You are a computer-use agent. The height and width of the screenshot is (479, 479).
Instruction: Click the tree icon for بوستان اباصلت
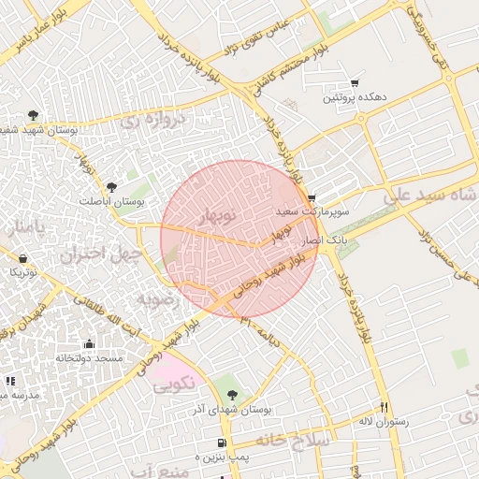click(111, 187)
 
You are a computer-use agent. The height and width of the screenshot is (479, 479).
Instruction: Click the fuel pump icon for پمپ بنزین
click(221, 443)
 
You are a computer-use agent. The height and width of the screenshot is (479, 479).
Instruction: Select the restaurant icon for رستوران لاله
click(384, 407)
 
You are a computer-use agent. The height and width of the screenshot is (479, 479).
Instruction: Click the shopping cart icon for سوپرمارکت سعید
click(311, 197)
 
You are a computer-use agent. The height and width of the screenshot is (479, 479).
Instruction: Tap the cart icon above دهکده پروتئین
click(354, 83)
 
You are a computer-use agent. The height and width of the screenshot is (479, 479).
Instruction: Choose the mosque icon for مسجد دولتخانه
click(89, 343)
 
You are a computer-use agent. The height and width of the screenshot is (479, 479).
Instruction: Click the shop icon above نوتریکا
click(23, 257)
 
